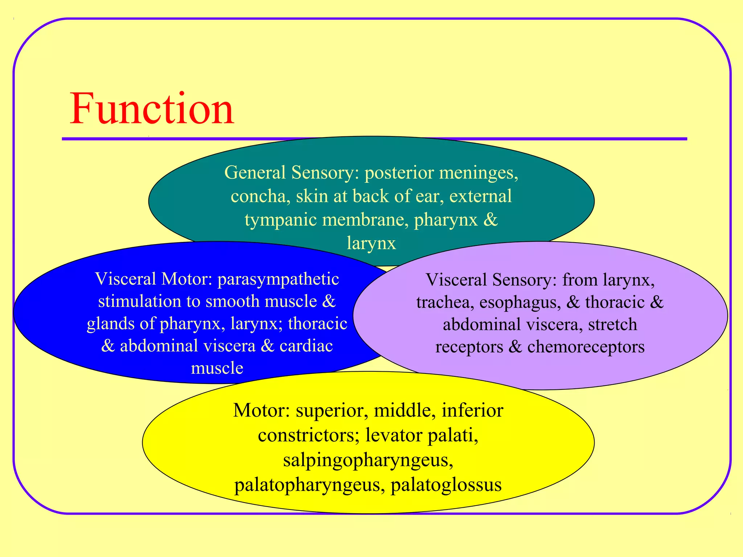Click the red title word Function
pos(152,109)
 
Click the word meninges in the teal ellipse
pos(479,173)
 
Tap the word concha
pos(260,197)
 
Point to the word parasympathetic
pos(278,279)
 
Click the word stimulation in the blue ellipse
pos(139,301)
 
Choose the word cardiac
pos(306,346)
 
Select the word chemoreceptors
pos(586,347)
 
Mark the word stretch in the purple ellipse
pos(612,325)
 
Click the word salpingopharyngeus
pos(368,460)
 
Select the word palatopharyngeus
pos(309,485)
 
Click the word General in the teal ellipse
pos(255,173)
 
